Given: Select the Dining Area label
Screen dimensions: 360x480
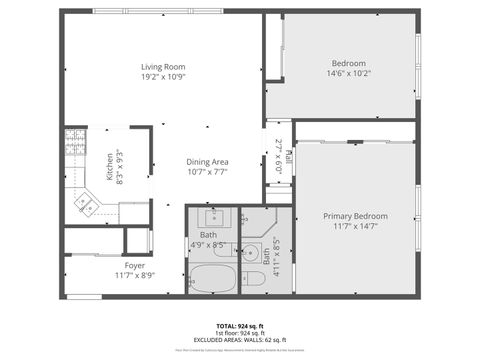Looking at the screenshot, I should [207, 162].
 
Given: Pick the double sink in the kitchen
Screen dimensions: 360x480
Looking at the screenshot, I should [85, 205].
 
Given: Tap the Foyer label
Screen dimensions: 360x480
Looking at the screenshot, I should [135, 265].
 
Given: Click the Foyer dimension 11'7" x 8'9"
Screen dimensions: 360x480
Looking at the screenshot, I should [135, 275].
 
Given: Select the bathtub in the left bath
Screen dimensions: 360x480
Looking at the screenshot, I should [211, 279].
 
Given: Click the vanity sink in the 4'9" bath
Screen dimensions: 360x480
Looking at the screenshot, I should [213, 215].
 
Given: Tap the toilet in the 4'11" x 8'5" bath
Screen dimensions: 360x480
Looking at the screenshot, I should [253, 278].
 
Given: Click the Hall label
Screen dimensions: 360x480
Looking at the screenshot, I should [288, 156].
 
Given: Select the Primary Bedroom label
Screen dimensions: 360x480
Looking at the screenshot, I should [355, 216].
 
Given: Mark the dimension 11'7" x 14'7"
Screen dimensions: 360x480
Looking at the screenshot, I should [355, 226].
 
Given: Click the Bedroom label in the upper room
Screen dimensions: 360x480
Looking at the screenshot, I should [349, 63].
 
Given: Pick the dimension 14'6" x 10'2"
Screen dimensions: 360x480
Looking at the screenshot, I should [349, 73].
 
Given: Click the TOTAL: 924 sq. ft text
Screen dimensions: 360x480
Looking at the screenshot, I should [240, 326].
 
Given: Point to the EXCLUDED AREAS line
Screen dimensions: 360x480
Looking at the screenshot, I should [240, 341].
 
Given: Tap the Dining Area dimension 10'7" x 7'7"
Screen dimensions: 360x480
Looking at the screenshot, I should [207, 172].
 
